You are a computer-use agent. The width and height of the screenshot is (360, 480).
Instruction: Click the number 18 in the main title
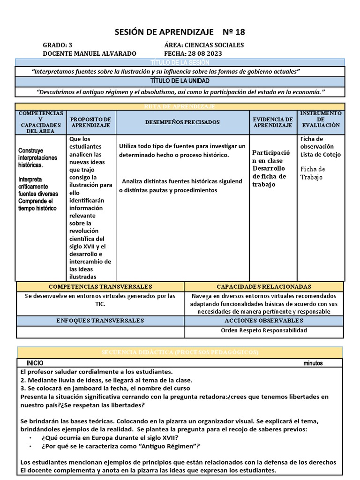[x=239, y=32]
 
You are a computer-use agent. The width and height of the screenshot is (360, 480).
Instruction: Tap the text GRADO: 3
[x=58, y=45]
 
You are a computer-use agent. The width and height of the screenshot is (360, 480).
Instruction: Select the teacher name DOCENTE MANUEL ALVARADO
[x=90, y=53]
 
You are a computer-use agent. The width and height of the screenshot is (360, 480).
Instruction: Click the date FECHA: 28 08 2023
[x=193, y=53]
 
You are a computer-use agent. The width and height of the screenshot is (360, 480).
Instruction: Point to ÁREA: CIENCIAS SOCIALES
[x=204, y=45]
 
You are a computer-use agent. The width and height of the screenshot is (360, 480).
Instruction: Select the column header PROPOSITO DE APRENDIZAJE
[x=91, y=122]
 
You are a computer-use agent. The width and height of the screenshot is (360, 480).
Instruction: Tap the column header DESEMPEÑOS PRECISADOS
[x=182, y=122]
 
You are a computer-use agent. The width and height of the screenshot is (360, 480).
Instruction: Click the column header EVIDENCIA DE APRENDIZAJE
[x=273, y=122]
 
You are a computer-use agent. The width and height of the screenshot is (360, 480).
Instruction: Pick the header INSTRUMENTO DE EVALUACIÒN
[x=321, y=122]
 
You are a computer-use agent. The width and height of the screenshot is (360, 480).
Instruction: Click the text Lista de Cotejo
[x=320, y=155]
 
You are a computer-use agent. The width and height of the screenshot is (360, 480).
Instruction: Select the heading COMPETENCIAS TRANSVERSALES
[x=100, y=286]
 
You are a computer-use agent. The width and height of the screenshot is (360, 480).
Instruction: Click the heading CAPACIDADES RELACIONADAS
[x=264, y=286]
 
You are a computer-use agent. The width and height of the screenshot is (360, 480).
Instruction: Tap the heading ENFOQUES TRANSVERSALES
[x=100, y=320]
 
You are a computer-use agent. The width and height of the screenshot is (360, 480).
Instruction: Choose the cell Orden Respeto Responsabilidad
[x=264, y=330]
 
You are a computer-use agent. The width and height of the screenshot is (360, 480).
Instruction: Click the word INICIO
[x=35, y=363]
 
